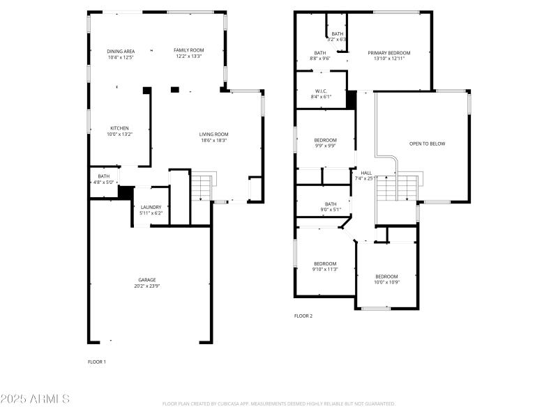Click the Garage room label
tap(146, 279)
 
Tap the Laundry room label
tap(151, 207)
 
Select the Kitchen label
tap(119, 128)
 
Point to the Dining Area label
tap(121, 51)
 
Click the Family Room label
tap(188, 50)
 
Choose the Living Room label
tap(214, 134)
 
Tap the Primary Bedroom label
tap(389, 53)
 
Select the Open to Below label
tap(427, 144)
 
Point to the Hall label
tap(366, 173)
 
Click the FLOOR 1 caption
tap(97, 362)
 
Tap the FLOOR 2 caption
tap(303, 316)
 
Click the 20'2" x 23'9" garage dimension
tap(146, 286)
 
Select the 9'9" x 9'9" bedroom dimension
tap(325, 146)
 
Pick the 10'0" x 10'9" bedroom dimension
tap(386, 282)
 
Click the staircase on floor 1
tap(201, 187)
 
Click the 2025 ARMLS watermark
tap(35, 399)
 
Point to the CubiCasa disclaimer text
tap(279, 403)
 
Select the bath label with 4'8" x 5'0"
tap(103, 179)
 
